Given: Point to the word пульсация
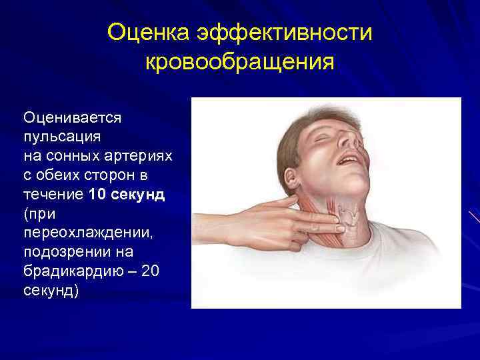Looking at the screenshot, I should click(62, 137).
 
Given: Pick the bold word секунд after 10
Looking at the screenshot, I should click(141, 195).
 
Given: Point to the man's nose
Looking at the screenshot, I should click(348, 138).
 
